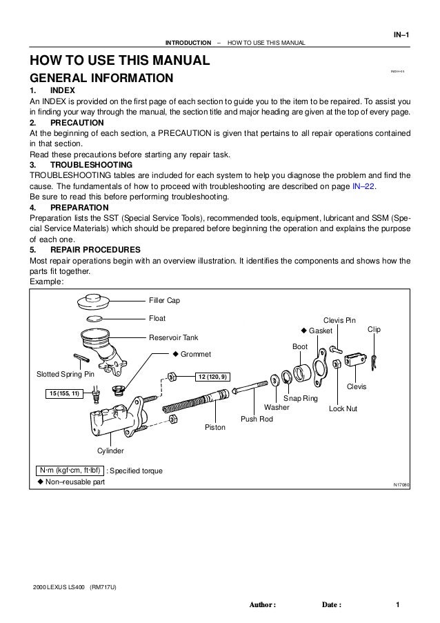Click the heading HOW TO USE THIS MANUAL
coord(118,61)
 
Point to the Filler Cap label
coord(166,300)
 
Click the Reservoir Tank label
coord(174,337)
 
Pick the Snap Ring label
coord(301,399)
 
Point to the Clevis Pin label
coord(340,320)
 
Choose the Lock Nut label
coord(343,408)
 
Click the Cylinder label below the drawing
coord(110,451)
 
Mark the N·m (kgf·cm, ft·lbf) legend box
coord(69,471)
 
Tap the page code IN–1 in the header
coord(400,34)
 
